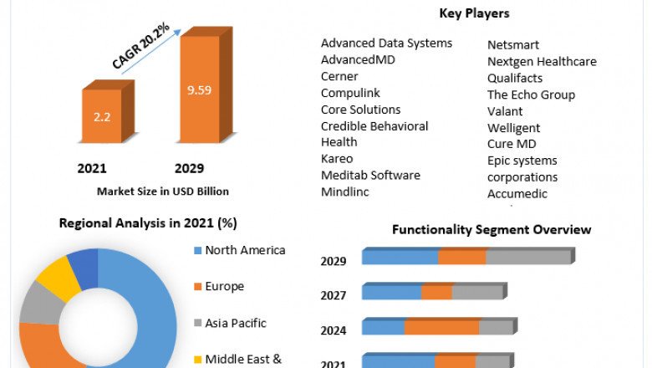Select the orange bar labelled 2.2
101,116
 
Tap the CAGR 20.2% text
141,46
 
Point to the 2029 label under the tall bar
189,168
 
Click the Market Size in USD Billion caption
162,191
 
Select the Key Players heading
474,13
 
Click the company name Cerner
339,76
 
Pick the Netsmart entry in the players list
513,44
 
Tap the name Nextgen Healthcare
542,61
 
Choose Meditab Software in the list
370,175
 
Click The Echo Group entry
531,95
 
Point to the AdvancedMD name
358,59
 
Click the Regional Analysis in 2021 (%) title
148,223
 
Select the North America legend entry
245,250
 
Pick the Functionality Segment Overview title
492,229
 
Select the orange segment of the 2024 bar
441,327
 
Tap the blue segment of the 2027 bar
391,292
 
